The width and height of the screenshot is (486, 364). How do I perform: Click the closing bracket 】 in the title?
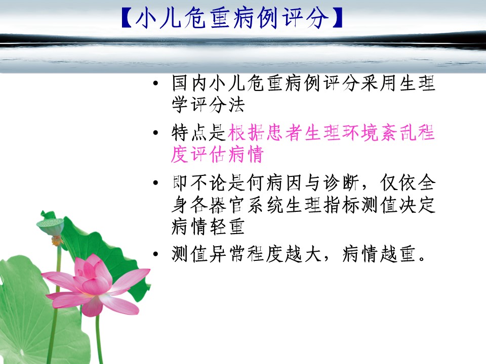tap(337, 18)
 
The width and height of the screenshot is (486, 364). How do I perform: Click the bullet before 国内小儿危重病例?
tap(155, 83)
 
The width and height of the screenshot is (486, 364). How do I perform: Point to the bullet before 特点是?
tap(155, 133)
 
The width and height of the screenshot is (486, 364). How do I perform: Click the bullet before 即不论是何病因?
tap(155, 183)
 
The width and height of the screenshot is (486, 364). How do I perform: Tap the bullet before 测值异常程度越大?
tap(155, 254)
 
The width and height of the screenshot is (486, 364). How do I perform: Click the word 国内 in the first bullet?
tap(190, 83)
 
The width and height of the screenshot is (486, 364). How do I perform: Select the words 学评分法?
tap(208, 105)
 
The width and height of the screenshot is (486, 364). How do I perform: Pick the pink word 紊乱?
tap(398, 133)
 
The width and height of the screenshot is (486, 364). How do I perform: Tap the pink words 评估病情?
tap(227, 154)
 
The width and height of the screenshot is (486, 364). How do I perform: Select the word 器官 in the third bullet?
tap(227, 205)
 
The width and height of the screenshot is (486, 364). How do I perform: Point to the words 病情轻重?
tap(208, 226)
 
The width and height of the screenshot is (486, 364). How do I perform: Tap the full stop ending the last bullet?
tap(422, 259)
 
